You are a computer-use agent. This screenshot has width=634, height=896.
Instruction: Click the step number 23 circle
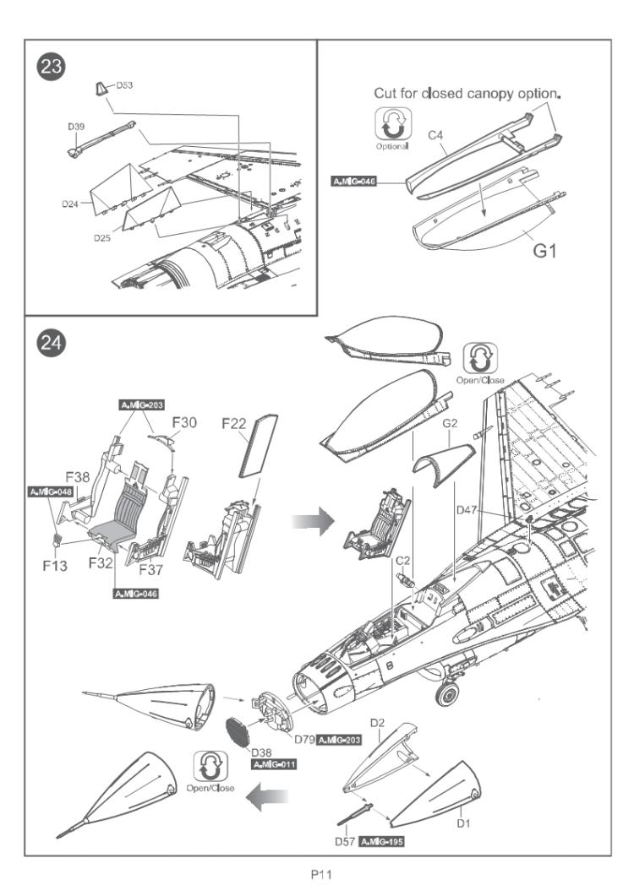[x=51, y=66]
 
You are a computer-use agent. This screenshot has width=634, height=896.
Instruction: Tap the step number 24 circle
[x=51, y=343]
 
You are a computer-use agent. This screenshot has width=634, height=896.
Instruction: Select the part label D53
[x=124, y=85]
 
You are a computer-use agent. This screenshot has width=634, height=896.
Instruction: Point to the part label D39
[x=76, y=127]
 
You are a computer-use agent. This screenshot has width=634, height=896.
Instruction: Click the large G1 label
[x=544, y=250]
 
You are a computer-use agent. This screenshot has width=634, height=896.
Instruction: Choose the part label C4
[x=435, y=135]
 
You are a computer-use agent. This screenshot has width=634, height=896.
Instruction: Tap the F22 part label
[x=233, y=423]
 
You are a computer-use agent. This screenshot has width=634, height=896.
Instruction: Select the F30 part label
[x=184, y=422]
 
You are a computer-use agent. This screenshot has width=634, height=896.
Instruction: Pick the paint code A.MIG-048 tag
[x=51, y=491]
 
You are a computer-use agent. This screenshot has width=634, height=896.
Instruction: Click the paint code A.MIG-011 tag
[x=274, y=764]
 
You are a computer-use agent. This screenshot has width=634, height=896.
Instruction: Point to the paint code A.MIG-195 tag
[x=381, y=842]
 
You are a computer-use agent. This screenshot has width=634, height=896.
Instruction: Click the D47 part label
[x=467, y=510]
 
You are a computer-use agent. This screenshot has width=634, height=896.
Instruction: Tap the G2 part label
[x=450, y=423]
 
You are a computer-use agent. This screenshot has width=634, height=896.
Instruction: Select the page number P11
[x=321, y=874]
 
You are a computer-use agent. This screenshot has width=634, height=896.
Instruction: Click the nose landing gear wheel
[x=447, y=694]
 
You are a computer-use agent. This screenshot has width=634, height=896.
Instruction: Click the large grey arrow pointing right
[x=313, y=521]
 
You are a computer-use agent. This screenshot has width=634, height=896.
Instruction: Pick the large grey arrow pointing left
[x=266, y=796]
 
